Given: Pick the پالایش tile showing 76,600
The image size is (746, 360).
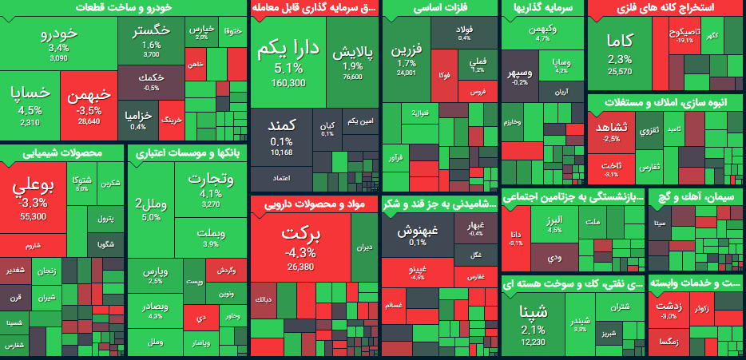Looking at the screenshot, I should coord(352,60).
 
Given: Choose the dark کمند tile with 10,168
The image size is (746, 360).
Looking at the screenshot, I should coord(282,136).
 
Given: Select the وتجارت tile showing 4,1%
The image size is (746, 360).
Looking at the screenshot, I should coord(210,188).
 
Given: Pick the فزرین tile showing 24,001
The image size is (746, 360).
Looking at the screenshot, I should coord(406,60).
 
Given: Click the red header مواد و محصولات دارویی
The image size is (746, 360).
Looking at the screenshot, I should coord(313,204).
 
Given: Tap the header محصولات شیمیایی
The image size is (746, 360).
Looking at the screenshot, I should coord(62,152).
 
